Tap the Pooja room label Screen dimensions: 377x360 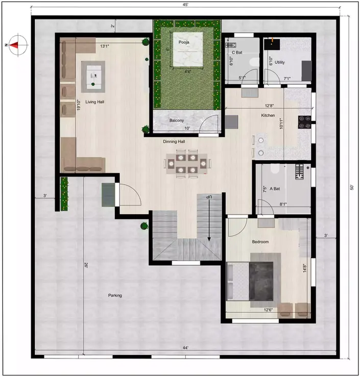coord(184,42)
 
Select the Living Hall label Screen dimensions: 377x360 coord(94,102)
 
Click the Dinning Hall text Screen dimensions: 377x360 coord(174,141)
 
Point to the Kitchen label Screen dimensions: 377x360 coord(268,116)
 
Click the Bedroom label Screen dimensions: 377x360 coord(260,241)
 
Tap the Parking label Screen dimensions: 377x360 coord(114,295)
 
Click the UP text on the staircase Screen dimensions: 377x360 coord(209,196)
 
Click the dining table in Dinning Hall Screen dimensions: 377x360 coord(187,164)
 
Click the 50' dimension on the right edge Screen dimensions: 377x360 coord(351,187)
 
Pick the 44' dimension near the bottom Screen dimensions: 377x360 coord(186,347)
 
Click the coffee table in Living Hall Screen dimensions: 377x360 coord(94,76)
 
